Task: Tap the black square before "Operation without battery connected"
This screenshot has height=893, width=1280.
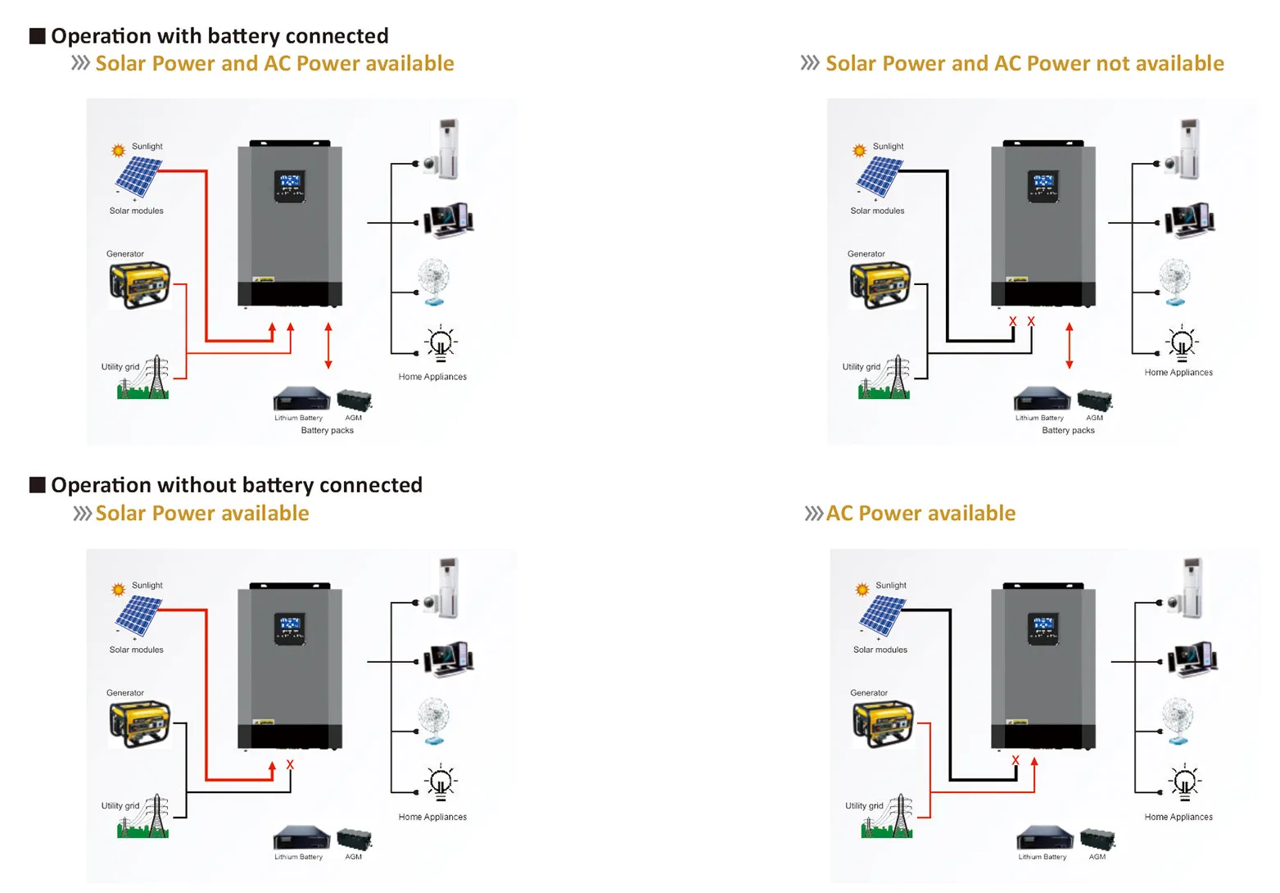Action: point(37,485)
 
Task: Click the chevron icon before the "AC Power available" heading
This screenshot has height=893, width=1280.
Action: point(812,514)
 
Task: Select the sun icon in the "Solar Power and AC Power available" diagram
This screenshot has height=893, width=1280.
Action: point(119,150)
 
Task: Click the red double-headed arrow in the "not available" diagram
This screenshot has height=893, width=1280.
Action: point(1069,346)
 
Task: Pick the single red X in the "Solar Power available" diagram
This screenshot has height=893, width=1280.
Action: point(290,764)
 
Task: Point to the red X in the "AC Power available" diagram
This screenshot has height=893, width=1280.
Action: point(1015,760)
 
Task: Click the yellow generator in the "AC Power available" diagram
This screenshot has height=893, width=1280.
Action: point(883,723)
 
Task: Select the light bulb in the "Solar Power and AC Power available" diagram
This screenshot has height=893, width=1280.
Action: point(441,342)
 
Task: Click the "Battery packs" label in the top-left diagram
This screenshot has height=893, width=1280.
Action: point(327,430)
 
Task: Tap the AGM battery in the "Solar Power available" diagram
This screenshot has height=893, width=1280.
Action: point(354,840)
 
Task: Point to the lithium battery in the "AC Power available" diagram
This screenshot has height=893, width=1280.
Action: point(1043,837)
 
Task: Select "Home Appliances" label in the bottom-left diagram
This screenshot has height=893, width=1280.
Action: point(432,817)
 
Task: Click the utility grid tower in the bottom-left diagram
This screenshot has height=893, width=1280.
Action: point(156,816)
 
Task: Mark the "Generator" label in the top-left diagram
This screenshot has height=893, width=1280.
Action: point(125,254)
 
